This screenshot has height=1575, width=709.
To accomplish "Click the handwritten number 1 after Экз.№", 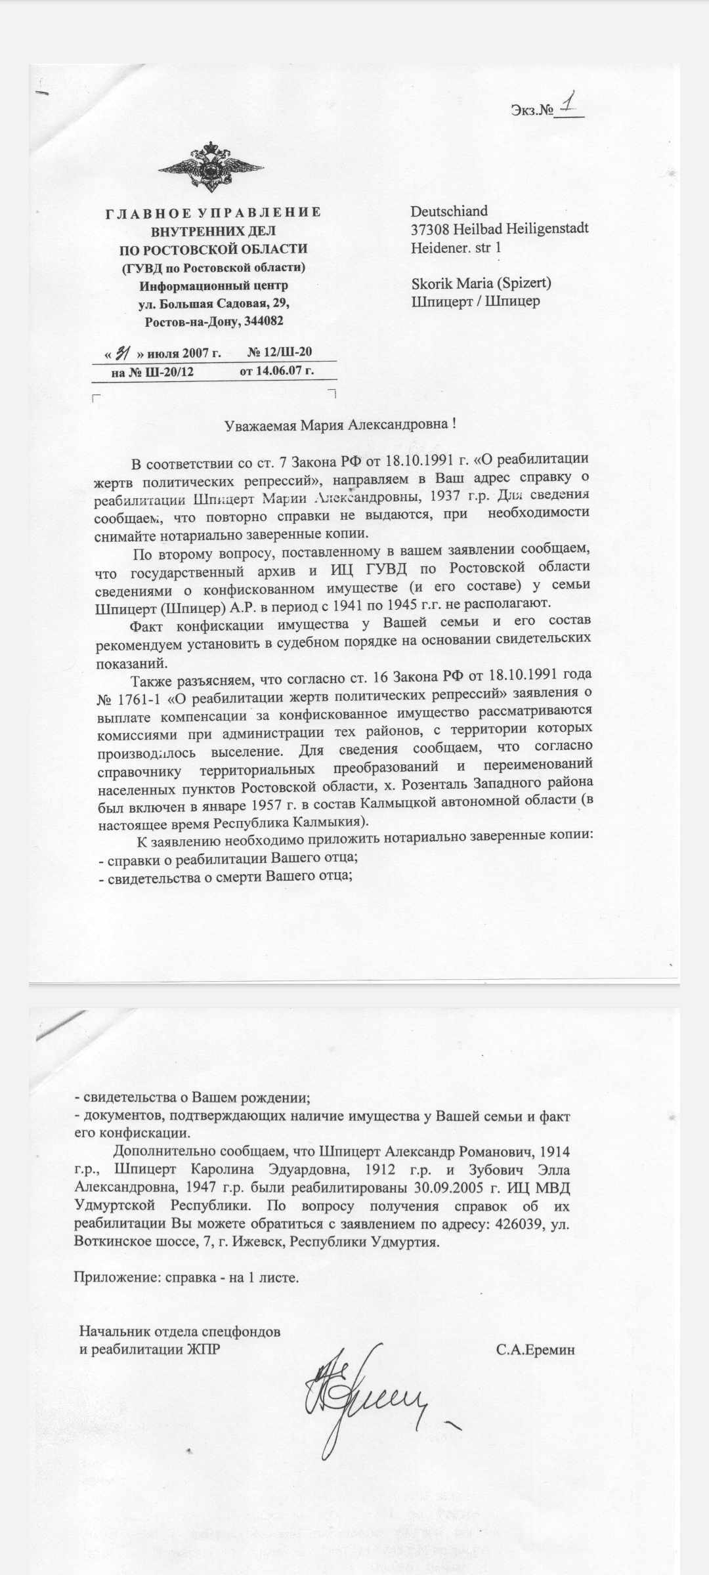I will pyautogui.click(x=569, y=104).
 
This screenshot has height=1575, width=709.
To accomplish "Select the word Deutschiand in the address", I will pyautogui.click(x=449, y=211).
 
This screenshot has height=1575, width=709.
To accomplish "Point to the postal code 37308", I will pyautogui.click(x=429, y=229).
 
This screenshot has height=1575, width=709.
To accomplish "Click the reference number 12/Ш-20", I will pyautogui.click(x=288, y=353).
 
